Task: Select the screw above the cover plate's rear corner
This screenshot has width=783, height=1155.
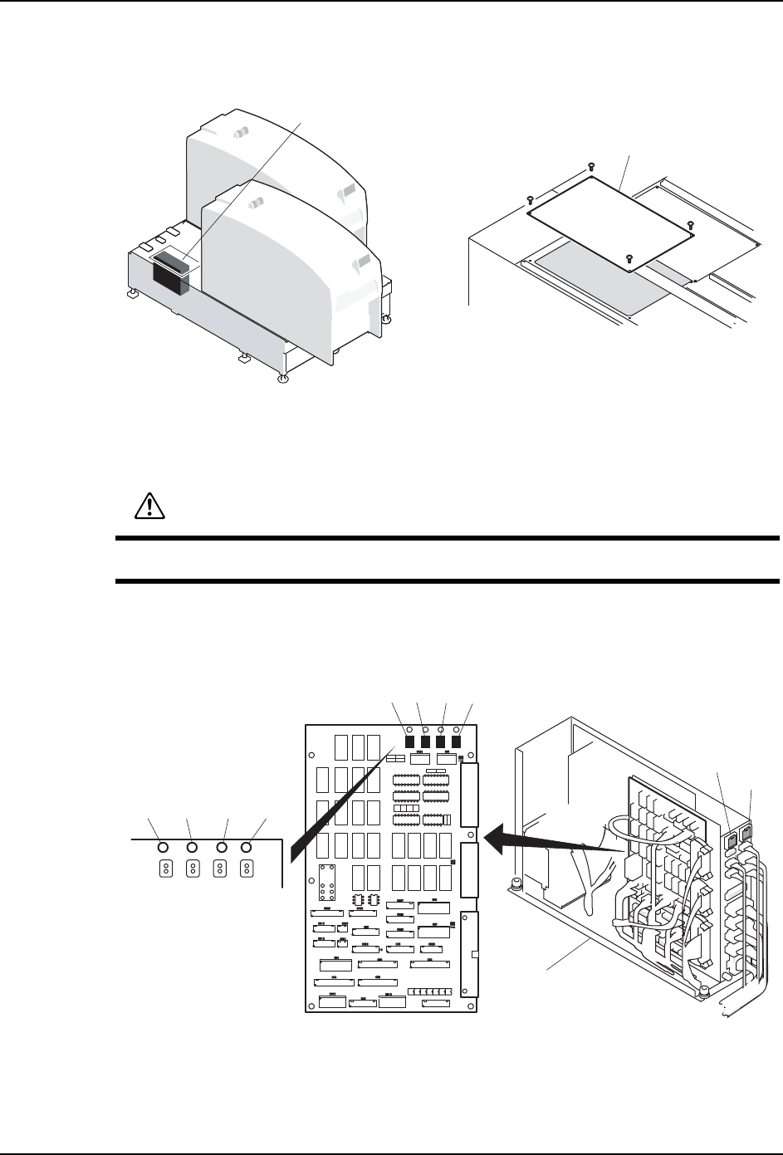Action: pos(590,165)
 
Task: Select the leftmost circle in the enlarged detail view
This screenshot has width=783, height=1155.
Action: pos(163,847)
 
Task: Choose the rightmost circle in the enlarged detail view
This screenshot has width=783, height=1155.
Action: pos(247,847)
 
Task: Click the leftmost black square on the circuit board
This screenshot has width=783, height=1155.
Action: pos(410,741)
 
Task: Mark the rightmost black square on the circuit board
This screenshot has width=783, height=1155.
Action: pos(455,741)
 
